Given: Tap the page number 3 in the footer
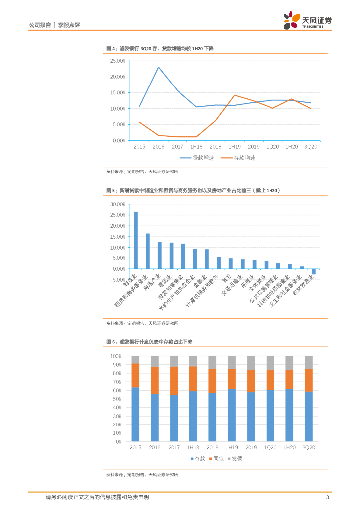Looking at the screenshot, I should [327, 497].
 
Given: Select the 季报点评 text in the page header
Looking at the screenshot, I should [69, 24].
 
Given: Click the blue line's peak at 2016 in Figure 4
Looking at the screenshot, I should [158, 67].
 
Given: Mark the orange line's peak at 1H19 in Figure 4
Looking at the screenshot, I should [235, 95].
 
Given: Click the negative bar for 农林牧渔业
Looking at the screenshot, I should [314, 271].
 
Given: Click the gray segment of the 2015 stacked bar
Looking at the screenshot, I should [136, 360].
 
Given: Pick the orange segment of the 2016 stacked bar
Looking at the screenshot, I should [155, 380].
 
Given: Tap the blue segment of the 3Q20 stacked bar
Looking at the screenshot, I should [308, 416].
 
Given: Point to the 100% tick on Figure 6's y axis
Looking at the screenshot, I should [116, 356].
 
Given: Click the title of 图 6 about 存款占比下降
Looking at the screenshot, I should [149, 342].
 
